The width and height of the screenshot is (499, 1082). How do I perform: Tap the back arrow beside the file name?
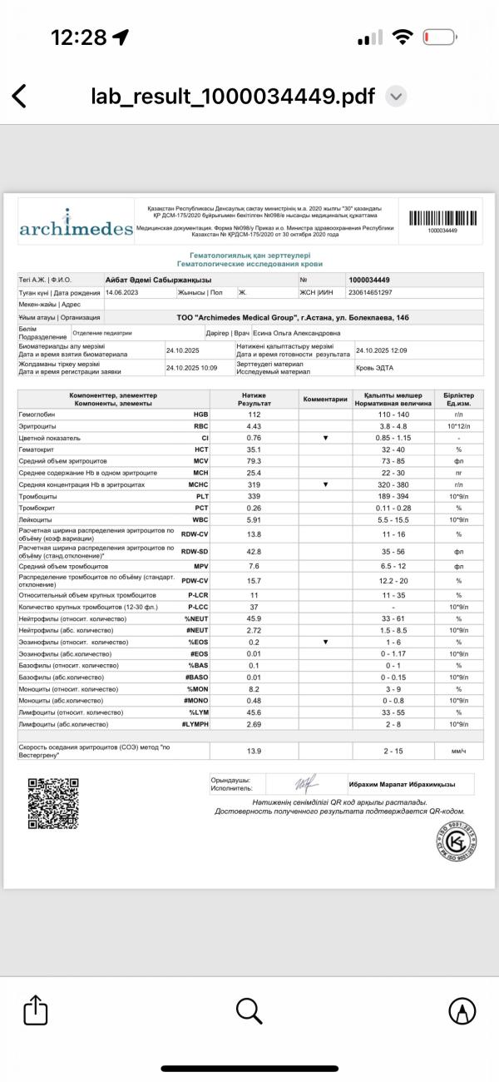click(19, 96)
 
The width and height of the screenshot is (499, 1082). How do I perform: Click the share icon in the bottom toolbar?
click(34, 1011)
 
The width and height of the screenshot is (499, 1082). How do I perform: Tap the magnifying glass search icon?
click(249, 1010)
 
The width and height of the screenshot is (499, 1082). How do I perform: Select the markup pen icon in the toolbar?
click(462, 1011)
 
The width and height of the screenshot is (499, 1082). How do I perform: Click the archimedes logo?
click(75, 226)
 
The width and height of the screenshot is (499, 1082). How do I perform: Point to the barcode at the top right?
click(442, 219)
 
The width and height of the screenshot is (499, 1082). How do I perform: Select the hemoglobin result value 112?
click(254, 414)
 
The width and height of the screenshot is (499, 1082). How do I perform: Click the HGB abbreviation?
click(201, 414)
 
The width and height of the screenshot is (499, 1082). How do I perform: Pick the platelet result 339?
click(254, 495)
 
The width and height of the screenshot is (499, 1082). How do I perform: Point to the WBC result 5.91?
click(254, 521)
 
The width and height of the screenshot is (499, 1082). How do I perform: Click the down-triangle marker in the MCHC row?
click(325, 484)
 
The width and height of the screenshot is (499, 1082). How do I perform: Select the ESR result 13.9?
click(254, 752)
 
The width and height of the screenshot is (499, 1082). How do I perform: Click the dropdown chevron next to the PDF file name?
click(398, 97)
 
